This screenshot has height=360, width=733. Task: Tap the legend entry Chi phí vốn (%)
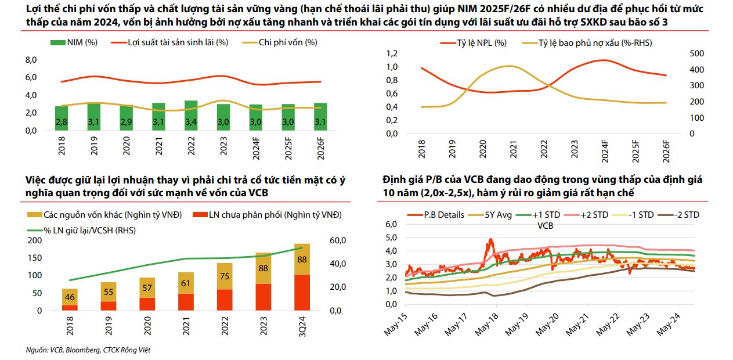pyautogui.click(x=288, y=42)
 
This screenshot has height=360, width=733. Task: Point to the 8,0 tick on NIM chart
pyautogui.click(x=31, y=60)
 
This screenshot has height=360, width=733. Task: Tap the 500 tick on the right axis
pyautogui.click(x=696, y=53)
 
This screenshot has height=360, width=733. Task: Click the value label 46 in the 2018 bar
pyautogui.click(x=70, y=298)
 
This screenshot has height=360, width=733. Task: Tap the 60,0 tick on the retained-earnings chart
pyautogui.click(x=338, y=240)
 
